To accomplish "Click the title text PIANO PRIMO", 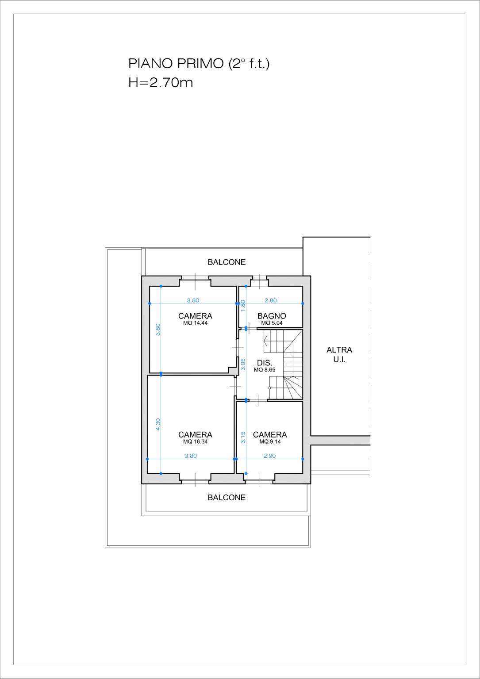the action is [x=176, y=63].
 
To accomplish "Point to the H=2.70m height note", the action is [x=161, y=82].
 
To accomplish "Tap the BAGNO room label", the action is [x=272, y=316].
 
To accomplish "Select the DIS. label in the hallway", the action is [x=265, y=363].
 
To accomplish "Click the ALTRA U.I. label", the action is [x=339, y=355].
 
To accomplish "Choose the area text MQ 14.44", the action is [x=195, y=323].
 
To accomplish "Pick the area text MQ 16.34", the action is [x=195, y=441].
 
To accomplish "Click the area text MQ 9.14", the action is [x=270, y=441].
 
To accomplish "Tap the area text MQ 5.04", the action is [x=272, y=323].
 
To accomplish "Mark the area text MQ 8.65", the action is [x=265, y=369].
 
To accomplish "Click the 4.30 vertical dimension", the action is [x=157, y=424].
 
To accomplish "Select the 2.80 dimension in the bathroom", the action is [x=270, y=300].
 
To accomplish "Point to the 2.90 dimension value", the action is [x=269, y=456].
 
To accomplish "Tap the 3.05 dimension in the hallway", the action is [x=242, y=364].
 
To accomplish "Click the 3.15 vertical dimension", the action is [x=242, y=437].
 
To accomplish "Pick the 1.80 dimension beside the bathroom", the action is [x=242, y=306].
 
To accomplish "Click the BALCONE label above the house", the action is [x=227, y=262].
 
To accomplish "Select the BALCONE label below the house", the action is [x=227, y=498].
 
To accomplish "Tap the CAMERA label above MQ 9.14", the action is [x=270, y=435].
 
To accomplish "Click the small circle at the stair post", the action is [x=269, y=387].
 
